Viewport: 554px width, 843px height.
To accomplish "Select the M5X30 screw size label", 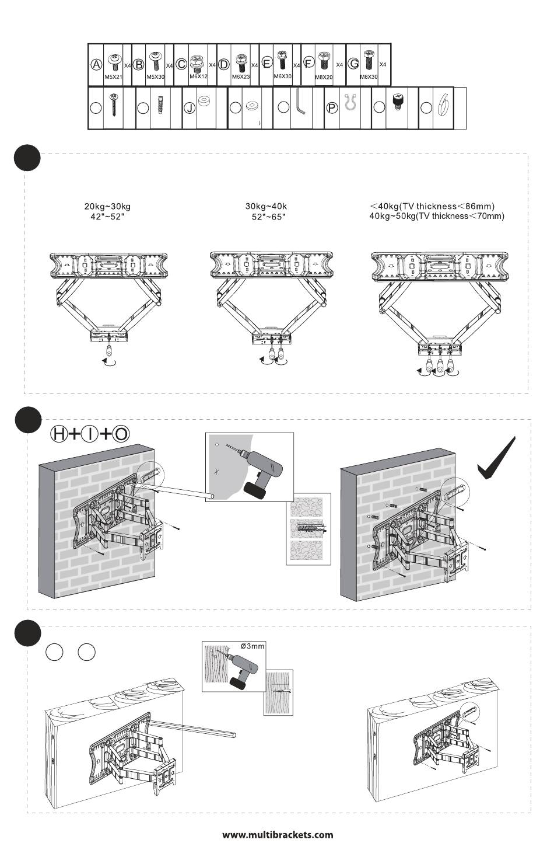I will click(x=155, y=77).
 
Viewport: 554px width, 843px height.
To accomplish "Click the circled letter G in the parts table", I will click(x=353, y=64).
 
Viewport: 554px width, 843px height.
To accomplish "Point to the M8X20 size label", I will click(x=324, y=77).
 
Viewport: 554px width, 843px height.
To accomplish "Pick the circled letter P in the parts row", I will click(x=332, y=108).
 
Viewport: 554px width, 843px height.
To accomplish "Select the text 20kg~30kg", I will click(x=107, y=206).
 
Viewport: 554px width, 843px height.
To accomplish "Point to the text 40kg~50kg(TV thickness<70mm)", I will click(x=437, y=216).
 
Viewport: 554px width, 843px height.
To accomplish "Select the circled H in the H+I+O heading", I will click(x=59, y=433).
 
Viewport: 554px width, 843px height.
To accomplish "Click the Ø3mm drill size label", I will click(x=253, y=646).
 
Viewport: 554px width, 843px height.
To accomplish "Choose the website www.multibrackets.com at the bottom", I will click(x=278, y=834).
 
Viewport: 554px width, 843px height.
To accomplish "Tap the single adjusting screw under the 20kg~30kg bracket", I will click(x=110, y=353).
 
